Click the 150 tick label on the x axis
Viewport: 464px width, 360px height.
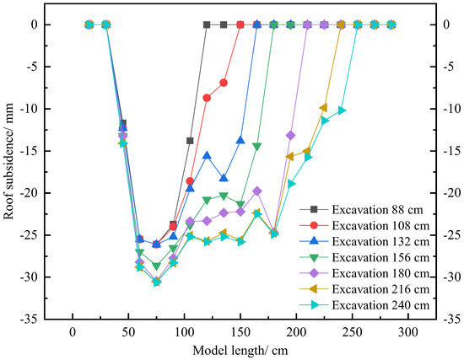click(x=240, y=331)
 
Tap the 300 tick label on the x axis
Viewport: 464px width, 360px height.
click(x=407, y=331)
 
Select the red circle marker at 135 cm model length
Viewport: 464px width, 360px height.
click(x=224, y=83)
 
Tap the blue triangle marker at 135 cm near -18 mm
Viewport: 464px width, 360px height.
click(x=224, y=178)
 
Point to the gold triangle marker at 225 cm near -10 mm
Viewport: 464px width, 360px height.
click(x=324, y=108)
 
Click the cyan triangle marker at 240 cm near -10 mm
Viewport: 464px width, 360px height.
click(x=341, y=110)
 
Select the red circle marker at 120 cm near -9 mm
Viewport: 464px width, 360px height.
click(x=207, y=98)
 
